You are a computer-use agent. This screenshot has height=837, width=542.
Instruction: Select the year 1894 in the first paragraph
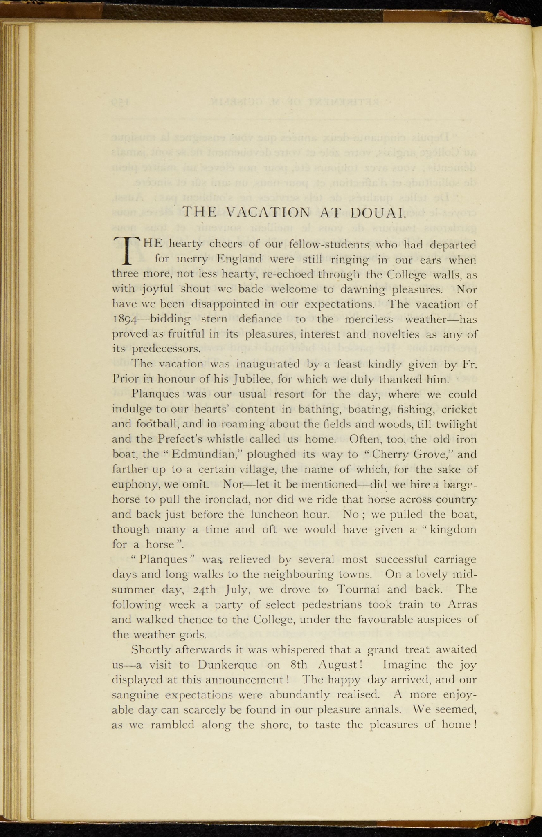(125, 319)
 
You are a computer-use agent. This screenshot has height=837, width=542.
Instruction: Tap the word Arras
(462, 604)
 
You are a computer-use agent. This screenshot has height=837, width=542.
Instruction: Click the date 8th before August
(297, 665)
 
